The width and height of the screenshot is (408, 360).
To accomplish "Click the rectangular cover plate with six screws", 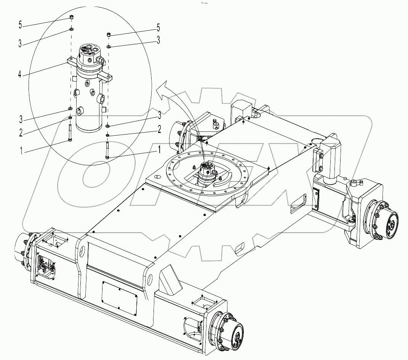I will (x=120, y=298).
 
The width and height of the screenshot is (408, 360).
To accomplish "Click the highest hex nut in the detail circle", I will (x=71, y=17).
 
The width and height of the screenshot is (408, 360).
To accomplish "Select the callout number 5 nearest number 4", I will (x=20, y=26).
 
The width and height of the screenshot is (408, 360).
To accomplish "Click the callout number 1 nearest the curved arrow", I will (x=156, y=150).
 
